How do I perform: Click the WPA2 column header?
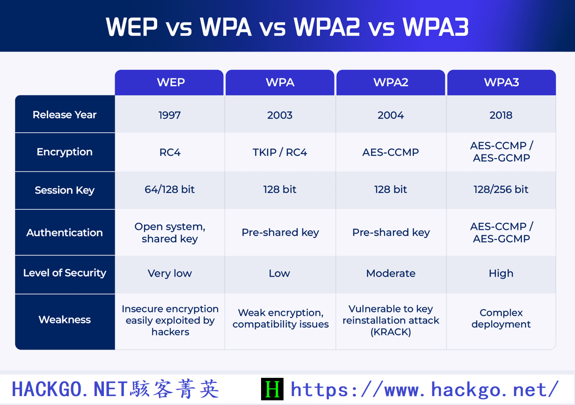coord(391,82)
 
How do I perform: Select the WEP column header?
coord(170,82)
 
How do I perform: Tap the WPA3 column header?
coord(501,82)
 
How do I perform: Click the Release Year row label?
coord(65,115)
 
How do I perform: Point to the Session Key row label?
coord(65,190)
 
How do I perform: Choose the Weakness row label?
coord(65,320)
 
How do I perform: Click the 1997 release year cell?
coord(169,115)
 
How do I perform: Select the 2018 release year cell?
coord(501,115)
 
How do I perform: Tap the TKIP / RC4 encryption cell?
coord(280,152)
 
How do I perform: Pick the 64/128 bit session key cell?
coord(169,190)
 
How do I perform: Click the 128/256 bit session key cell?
coord(501,190)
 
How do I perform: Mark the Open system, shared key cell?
coord(169,233)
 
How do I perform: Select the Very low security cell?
coord(169,273)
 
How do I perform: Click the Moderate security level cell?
coord(391,273)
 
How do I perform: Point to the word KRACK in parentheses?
coord(391,332)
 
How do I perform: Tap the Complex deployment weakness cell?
coord(501,318)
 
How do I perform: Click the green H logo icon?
coord(272,390)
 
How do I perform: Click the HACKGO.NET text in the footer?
coord(69,390)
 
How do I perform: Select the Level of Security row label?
coord(65,273)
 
